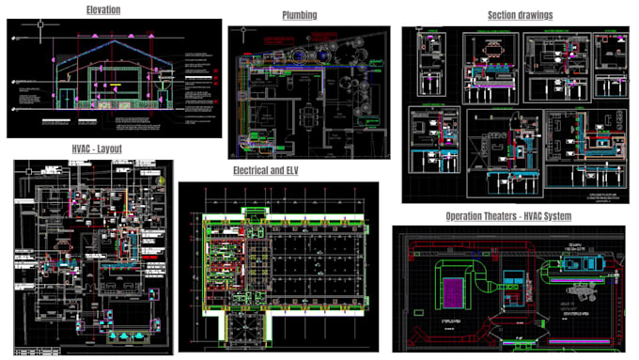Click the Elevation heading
[x=103, y=9]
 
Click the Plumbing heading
[x=299, y=15]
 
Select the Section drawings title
[x=520, y=15]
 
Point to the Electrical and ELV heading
[x=278, y=170]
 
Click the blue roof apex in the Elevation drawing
[x=114, y=42]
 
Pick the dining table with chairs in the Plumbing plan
[x=307, y=116]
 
